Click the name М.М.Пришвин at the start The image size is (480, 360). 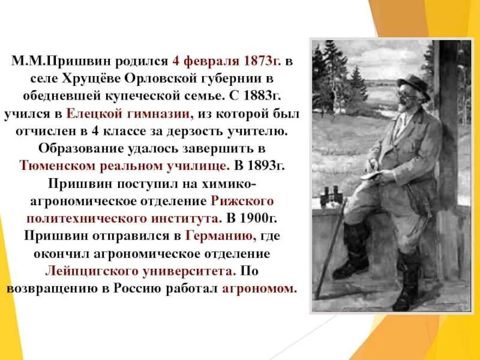point(52,61)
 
